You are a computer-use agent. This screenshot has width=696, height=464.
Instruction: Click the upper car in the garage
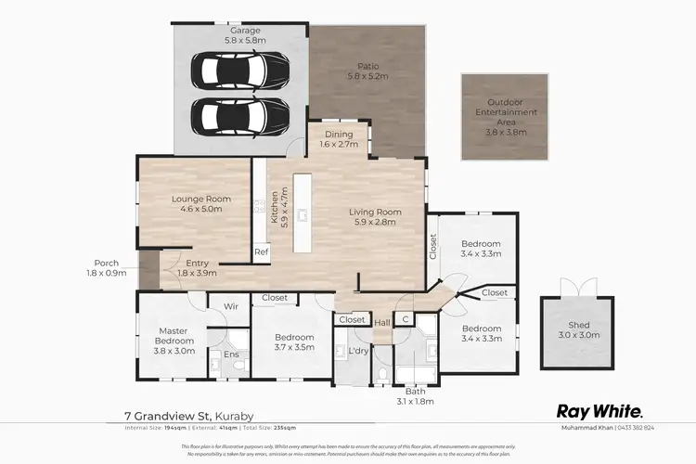[x=239, y=70]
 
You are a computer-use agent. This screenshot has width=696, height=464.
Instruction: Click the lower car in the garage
[x=239, y=115]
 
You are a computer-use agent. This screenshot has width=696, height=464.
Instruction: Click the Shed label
[x=578, y=329]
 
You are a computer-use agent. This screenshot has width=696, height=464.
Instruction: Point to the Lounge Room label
[x=194, y=204]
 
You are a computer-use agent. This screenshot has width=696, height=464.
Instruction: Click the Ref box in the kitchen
[x=261, y=251]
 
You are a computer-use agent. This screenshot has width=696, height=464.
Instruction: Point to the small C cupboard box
[x=405, y=320]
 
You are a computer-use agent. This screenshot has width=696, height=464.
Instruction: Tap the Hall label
[x=382, y=323]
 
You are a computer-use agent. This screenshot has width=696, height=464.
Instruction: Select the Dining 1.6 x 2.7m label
[x=338, y=139]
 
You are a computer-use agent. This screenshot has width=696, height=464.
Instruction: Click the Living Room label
[x=373, y=217]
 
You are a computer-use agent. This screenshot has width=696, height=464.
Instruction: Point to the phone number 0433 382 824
[x=660, y=428]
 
